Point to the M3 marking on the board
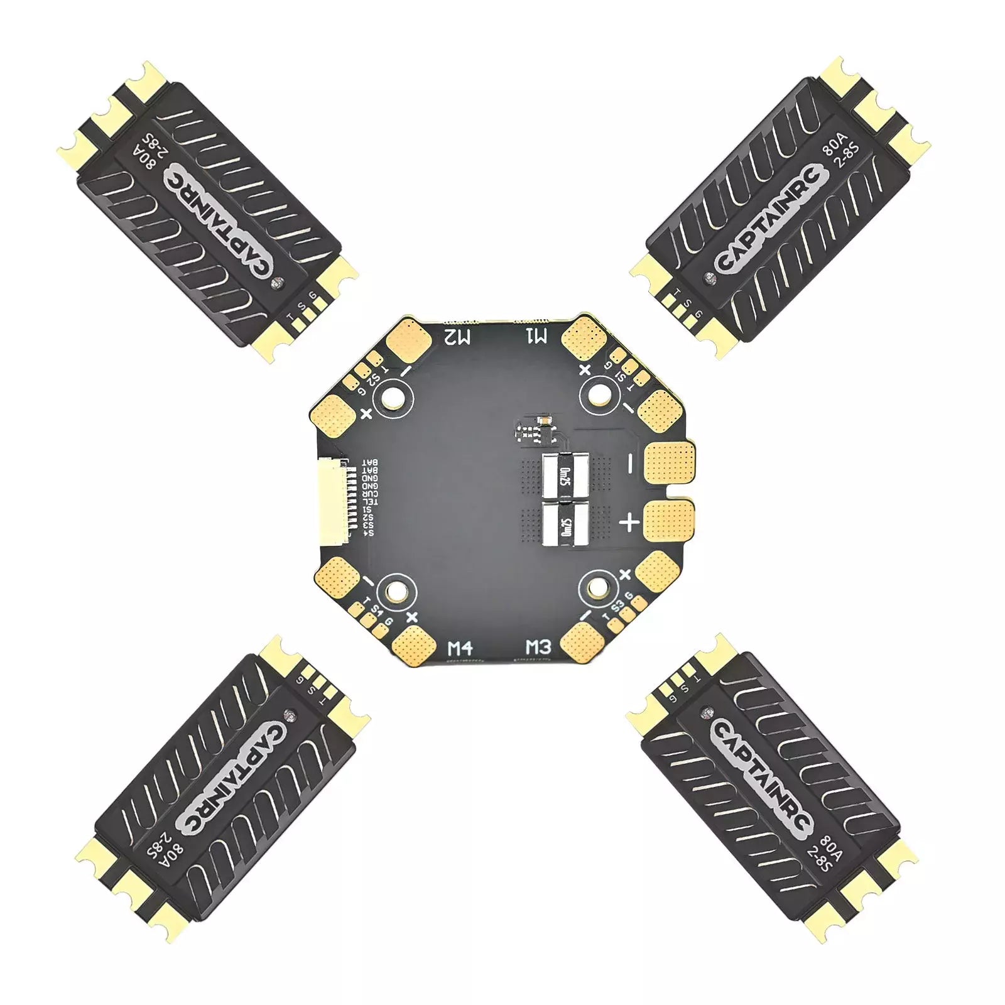click(x=538, y=647)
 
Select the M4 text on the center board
click(x=460, y=648)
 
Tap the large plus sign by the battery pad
click(x=629, y=522)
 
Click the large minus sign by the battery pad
click(x=630, y=464)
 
